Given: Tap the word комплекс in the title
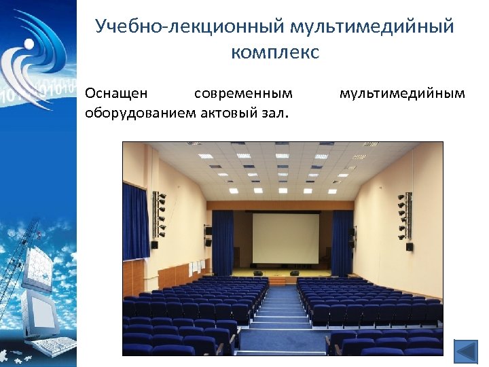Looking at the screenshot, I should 274,52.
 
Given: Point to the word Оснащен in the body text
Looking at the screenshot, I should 114,92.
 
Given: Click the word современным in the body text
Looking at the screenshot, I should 243,92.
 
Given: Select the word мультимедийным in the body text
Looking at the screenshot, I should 402,92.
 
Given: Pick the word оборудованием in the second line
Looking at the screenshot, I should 140,111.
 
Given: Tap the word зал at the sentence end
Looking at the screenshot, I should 272,111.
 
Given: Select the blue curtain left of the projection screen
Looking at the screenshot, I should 223,241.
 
